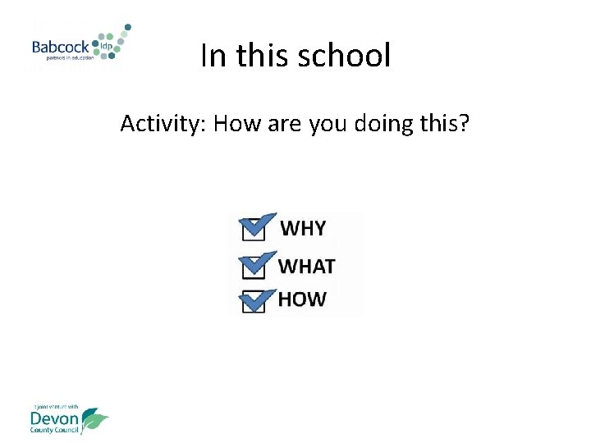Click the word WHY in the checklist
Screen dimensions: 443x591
[303, 228]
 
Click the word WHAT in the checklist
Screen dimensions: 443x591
[306, 266]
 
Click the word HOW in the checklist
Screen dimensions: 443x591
[301, 299]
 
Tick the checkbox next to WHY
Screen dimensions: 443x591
[254, 230]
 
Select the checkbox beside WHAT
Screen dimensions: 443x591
[254, 267]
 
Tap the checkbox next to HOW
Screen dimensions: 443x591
[254, 301]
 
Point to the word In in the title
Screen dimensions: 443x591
[211, 56]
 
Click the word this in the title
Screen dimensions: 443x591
[261, 56]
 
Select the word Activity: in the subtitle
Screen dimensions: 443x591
[162, 124]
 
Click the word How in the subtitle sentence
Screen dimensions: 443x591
[238, 124]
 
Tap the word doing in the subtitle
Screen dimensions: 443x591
[383, 124]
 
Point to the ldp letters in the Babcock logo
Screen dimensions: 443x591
[106, 46]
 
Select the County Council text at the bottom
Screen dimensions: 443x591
[53, 431]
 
